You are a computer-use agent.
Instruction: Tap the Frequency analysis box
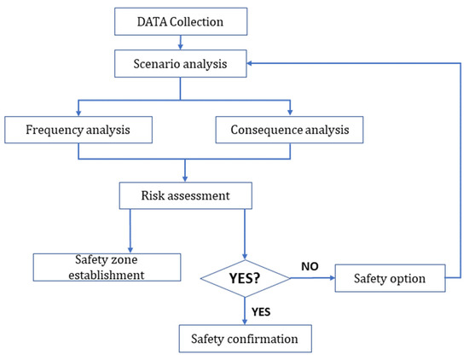tap(78, 130)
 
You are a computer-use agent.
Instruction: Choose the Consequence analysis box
tap(290, 130)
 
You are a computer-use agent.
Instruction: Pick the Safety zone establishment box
tap(107, 266)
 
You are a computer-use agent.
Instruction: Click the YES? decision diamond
tap(246, 277)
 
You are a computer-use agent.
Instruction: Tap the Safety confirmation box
tap(246, 339)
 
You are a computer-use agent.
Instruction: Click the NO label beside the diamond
tap(310, 266)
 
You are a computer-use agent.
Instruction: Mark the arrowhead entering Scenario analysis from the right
tap(252, 61)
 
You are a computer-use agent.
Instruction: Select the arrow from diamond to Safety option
tap(311, 278)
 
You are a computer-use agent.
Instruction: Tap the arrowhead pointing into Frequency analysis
tap(78, 113)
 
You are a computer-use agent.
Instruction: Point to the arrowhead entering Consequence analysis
tap(290, 113)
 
